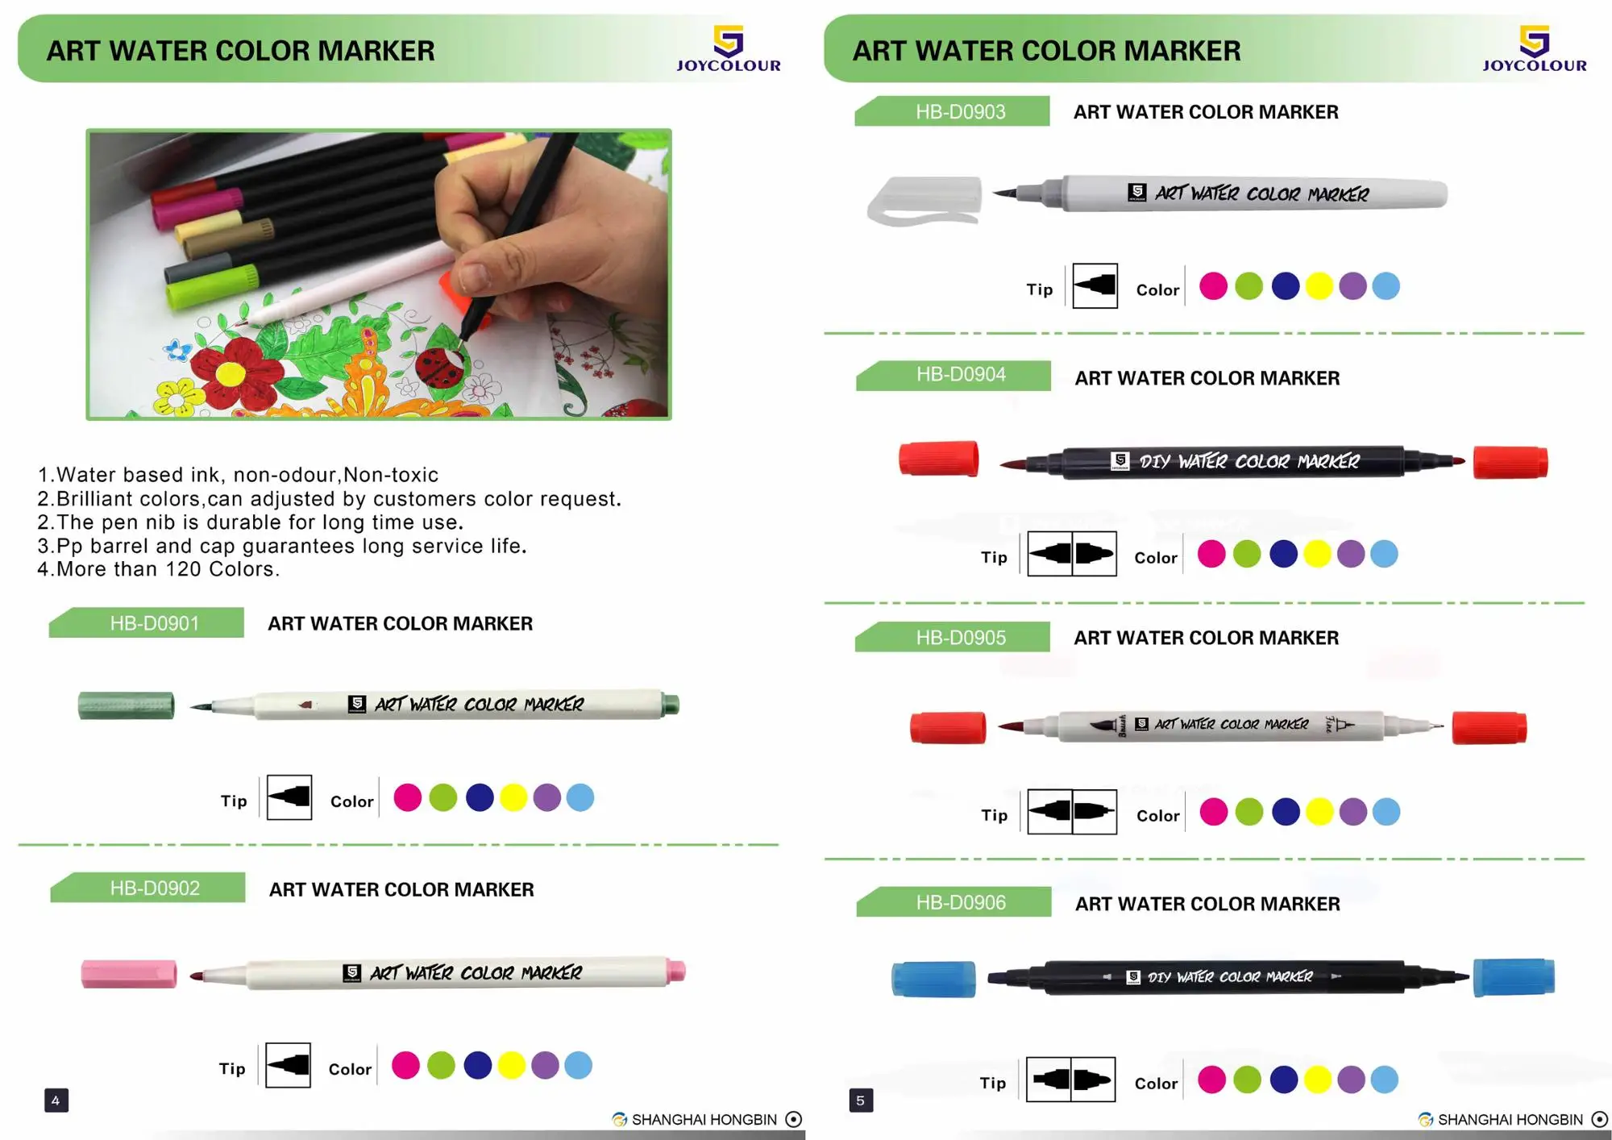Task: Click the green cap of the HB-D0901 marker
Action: [x=127, y=705]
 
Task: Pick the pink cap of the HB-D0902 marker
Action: [x=129, y=974]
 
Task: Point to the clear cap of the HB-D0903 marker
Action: [x=924, y=200]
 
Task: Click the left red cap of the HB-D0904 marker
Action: [x=939, y=459]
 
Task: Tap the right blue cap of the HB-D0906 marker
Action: [x=1513, y=977]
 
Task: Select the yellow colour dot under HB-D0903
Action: [x=1319, y=286]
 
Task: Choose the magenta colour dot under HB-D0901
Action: [x=407, y=797]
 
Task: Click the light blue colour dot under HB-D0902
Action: [x=578, y=1065]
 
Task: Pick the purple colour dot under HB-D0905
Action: [x=1352, y=812]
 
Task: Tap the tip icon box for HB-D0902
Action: [x=288, y=1065]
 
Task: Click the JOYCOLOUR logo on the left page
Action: [x=728, y=48]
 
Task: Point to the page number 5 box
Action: [x=860, y=1100]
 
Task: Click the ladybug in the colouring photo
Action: [x=437, y=367]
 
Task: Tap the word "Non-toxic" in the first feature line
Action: [x=391, y=475]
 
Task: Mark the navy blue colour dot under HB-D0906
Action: [x=1283, y=1080]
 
